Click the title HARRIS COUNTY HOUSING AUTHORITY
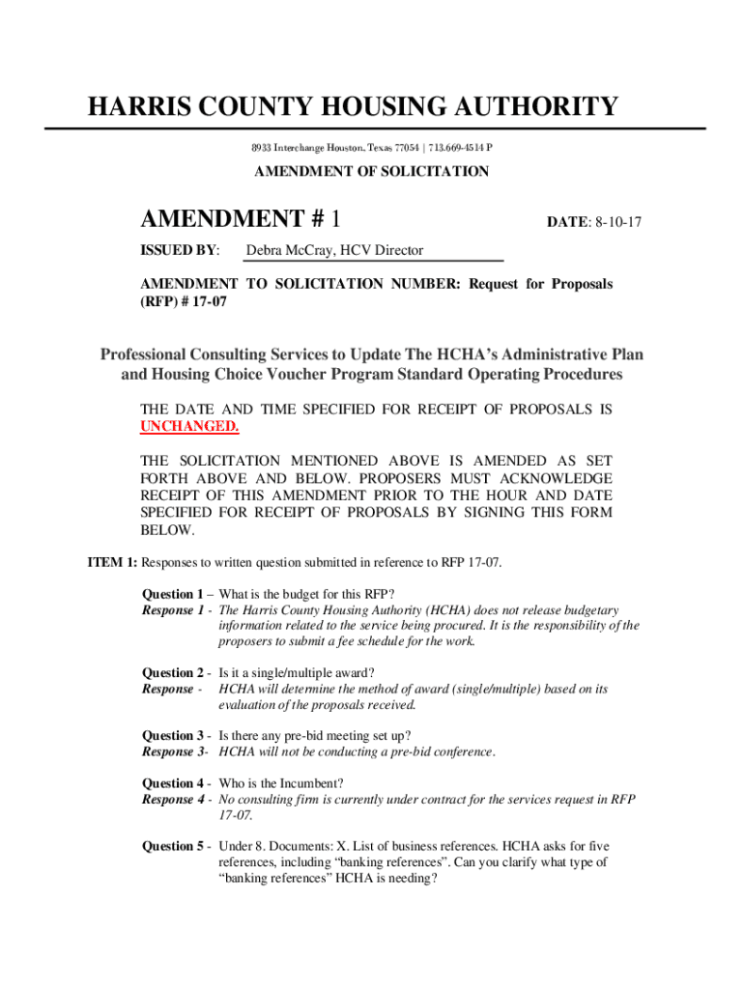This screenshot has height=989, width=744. (x=353, y=106)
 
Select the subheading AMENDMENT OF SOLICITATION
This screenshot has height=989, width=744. (x=371, y=172)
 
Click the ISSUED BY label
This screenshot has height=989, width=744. (x=180, y=251)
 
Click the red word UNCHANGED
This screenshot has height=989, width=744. (x=189, y=426)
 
